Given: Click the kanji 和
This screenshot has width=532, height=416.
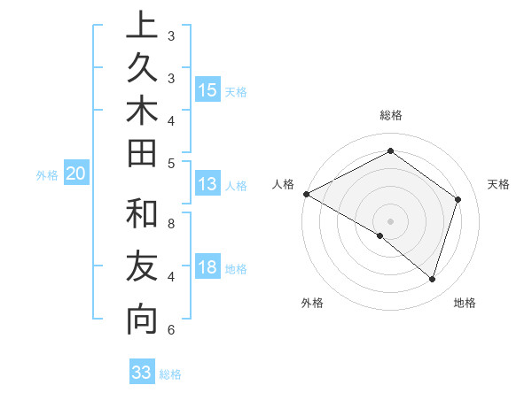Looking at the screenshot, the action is tap(142, 214).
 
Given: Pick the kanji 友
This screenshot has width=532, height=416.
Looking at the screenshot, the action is tap(142, 267).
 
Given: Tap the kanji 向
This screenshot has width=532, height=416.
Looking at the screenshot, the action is tap(142, 320).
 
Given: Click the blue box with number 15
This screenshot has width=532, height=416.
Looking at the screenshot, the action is tap(207, 89).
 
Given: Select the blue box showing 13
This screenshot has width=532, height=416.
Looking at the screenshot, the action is tap(207, 184).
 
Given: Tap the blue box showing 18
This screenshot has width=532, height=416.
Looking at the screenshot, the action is tap(207, 267).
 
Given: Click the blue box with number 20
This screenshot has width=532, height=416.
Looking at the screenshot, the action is tap(75, 174).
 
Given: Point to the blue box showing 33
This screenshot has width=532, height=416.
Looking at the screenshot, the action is tap(142, 373).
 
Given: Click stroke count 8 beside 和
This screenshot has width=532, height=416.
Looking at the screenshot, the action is tap(171, 223).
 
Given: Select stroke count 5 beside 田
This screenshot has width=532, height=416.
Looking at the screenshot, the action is tap(171, 163).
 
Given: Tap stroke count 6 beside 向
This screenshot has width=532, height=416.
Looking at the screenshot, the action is tap(171, 330).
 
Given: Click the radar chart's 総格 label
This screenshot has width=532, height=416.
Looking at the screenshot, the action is tap(390, 115).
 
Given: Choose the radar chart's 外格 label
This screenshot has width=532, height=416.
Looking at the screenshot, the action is tap(311, 303).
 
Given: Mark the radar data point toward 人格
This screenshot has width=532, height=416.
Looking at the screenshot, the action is tap(306, 194).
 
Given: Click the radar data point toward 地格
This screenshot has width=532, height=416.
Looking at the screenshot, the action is tap(432, 279).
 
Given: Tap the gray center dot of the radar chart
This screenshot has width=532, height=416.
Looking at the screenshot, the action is tap(390, 220).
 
